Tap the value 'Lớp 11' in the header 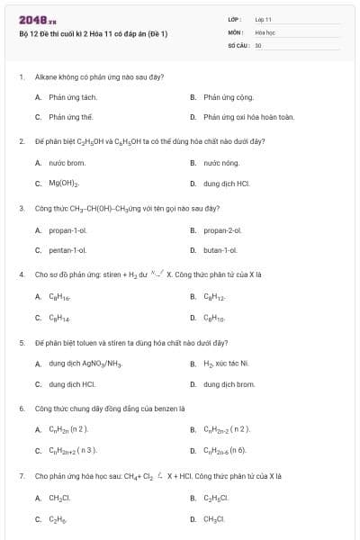(x=263, y=19)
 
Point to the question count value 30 (x=258, y=44)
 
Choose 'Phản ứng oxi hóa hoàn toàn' (x=236, y=117)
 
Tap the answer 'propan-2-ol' (x=223, y=229)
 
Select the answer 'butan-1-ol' (x=220, y=250)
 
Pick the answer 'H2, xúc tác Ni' (x=226, y=364)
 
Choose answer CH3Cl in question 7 (x=214, y=518)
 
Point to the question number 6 (x=21, y=408)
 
